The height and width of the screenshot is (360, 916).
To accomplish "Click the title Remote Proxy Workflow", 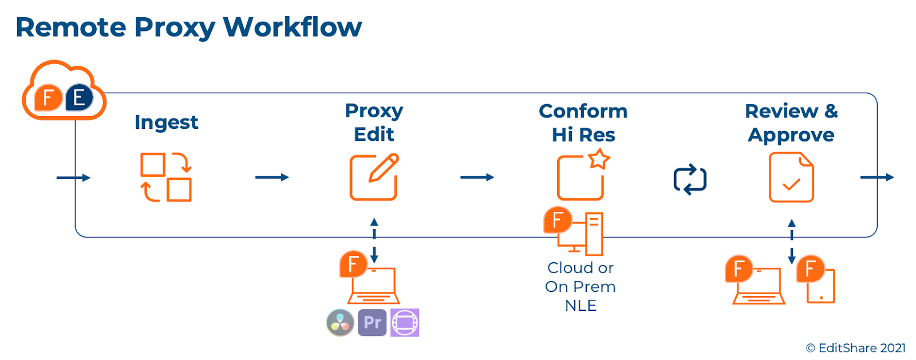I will pos(188,27).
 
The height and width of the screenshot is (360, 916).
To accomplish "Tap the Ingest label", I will pos(166,122).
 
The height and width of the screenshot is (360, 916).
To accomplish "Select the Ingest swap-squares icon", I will pos(166,177).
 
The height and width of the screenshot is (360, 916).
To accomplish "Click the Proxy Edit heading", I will pos(374,122).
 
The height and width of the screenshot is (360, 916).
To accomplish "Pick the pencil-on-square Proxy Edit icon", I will pos(374,177).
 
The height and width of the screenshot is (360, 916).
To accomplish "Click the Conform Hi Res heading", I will pos(583,122).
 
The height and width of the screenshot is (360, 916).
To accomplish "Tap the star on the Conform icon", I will pos(599,159).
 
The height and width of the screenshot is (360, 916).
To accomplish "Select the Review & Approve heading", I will pos(791,122).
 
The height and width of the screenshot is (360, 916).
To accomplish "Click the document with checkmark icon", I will pos(791,177).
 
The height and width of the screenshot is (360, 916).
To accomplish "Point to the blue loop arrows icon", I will pos(690,180).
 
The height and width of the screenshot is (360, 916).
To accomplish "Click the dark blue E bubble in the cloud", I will pos(79,98).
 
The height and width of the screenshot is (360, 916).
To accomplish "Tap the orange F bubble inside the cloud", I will pos(48,98).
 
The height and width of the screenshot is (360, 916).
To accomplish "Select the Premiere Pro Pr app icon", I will pos(372,322).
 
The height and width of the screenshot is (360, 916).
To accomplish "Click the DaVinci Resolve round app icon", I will pos(340,322).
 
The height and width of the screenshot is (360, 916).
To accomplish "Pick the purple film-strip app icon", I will pos(405,322).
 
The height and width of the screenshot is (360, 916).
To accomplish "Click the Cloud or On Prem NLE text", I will pos(581,286).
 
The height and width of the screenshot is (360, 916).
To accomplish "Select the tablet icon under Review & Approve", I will pos(820,286).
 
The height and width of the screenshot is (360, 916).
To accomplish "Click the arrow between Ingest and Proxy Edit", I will pos(272,177).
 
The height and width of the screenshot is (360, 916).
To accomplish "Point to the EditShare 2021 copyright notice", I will pos(855,348).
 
